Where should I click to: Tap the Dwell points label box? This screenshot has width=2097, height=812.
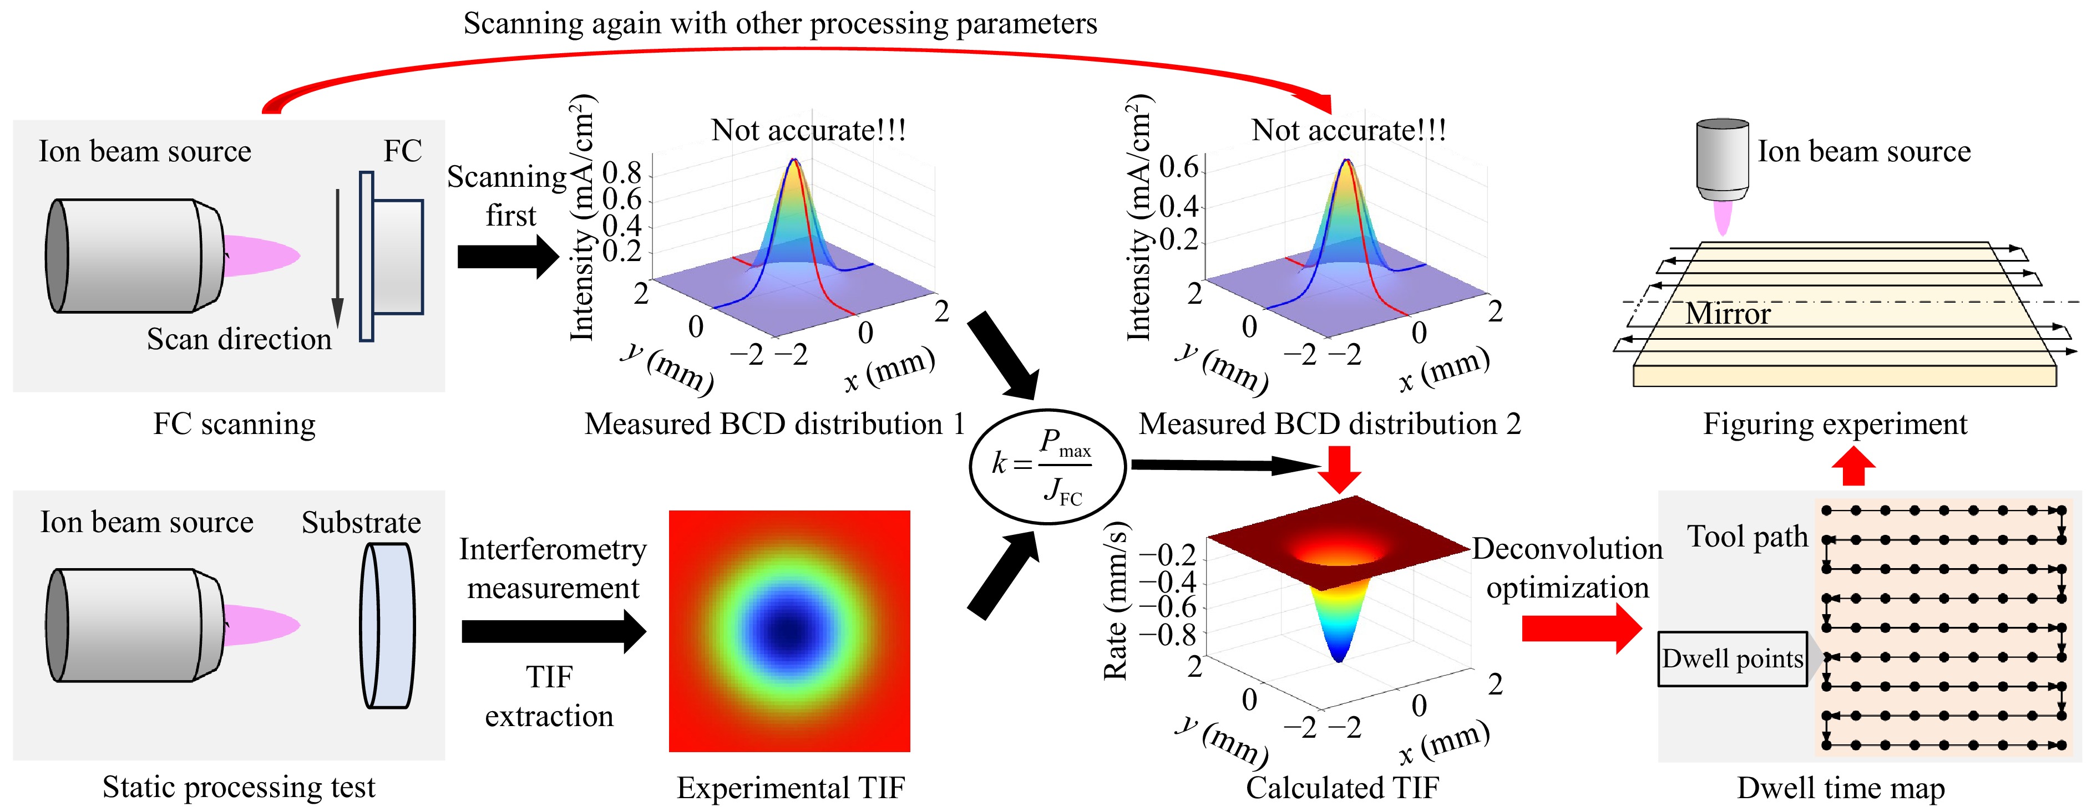(1733, 658)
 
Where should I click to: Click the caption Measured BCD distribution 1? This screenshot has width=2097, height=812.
(774, 424)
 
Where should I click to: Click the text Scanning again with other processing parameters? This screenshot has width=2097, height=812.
(780, 24)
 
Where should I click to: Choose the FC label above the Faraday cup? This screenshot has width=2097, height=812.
(402, 151)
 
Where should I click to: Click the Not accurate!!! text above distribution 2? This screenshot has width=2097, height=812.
(1348, 130)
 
